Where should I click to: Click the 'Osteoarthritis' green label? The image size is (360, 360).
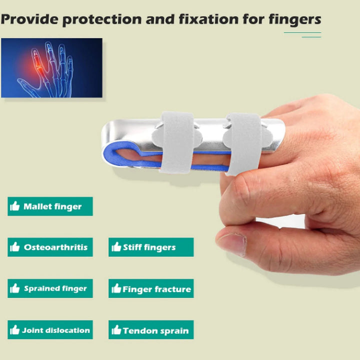[x=50, y=247]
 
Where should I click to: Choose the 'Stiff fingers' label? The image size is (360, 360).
[x=150, y=247]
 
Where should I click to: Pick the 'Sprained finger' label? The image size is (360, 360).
[x=50, y=288]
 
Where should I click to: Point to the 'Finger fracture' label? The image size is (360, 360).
[x=150, y=288]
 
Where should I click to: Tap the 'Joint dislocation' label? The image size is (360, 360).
[x=50, y=330]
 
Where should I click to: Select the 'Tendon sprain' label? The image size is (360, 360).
[x=150, y=330]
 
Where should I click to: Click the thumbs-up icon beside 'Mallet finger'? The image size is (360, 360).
[x=15, y=206]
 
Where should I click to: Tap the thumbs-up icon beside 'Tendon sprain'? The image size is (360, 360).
[x=116, y=330]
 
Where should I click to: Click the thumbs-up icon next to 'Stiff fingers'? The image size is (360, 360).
[x=116, y=247]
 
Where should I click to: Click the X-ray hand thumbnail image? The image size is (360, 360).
[x=51, y=67]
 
